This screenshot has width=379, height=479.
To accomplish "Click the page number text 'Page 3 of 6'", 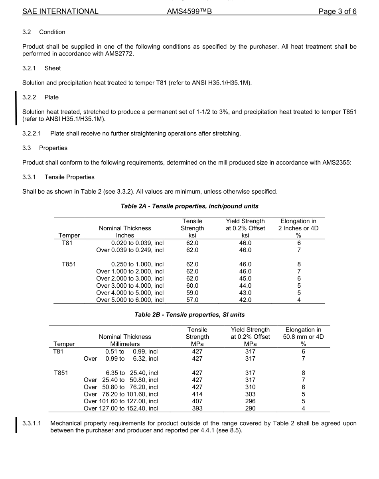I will tap(337, 12).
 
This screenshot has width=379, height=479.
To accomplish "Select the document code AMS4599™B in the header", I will tap(189, 12).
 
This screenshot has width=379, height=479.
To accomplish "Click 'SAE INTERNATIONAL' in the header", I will tap(60, 12).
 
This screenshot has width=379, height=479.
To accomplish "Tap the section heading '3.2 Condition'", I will tap(44, 32).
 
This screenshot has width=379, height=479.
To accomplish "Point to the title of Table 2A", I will tap(189, 206).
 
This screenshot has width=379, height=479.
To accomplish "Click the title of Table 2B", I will tap(189, 314).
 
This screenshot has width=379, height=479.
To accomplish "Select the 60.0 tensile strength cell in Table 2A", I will tap(192, 286).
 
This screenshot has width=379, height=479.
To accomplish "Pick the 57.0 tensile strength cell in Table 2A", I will tap(192, 300).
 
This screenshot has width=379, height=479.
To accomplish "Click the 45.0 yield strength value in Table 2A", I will tap(245, 279).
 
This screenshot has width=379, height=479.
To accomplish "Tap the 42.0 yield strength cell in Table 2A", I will tap(245, 300).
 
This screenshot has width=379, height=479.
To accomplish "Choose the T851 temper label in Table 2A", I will tap(69, 264).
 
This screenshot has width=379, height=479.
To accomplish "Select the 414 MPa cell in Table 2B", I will tap(197, 394).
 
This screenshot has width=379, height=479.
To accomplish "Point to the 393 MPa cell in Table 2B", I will tap(197, 408).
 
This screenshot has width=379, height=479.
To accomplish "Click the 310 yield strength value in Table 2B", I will tap(250, 387).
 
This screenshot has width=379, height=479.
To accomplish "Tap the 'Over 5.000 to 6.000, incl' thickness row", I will tap(130, 300).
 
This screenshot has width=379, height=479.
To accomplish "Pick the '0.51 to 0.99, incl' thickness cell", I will tap(131, 351).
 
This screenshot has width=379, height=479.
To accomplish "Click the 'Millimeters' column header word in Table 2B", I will tap(125, 344).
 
